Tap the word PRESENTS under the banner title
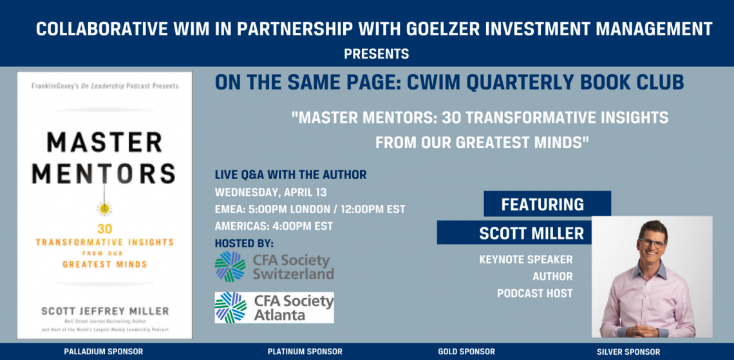click(377, 54)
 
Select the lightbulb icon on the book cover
click(104, 207)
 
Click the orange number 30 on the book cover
click(104, 230)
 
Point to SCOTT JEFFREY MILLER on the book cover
click(105, 311)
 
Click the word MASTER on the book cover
click(104, 142)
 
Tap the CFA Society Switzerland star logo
click(230, 267)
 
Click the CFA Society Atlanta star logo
click(231, 308)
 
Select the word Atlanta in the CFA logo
click(279, 315)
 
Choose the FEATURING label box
click(547, 204)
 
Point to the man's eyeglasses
click(652, 243)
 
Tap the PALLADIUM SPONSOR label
click(104, 352)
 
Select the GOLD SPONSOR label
click(466, 352)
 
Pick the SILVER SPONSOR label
click(628, 352)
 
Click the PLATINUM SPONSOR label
click(305, 352)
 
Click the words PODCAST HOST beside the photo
click(534, 294)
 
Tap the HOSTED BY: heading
click(244, 243)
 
